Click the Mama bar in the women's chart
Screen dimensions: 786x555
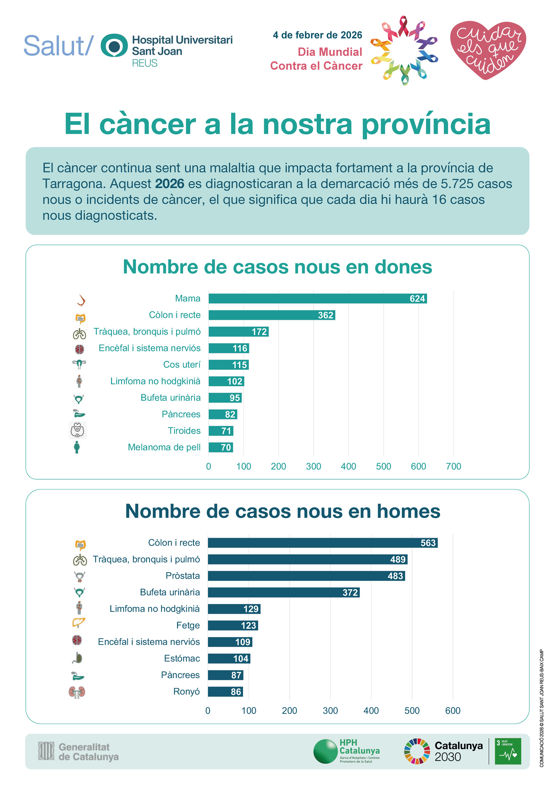(x=317, y=299)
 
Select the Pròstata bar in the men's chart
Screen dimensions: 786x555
(x=306, y=576)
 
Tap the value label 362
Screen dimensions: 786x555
(x=326, y=315)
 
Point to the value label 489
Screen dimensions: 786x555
(x=398, y=560)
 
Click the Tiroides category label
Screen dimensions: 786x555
(x=184, y=431)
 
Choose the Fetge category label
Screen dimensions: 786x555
(x=188, y=625)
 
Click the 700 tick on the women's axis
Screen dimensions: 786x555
(x=453, y=466)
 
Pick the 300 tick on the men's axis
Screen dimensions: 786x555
(x=330, y=711)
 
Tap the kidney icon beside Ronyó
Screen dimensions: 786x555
(x=77, y=692)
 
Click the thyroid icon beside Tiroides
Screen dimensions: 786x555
(x=77, y=430)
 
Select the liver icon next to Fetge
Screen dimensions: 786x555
(x=78, y=622)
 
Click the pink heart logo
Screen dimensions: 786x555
(x=488, y=49)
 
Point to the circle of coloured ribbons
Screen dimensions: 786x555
(x=404, y=50)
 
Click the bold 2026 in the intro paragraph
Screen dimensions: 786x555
(x=169, y=184)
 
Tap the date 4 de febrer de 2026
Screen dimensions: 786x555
(x=317, y=35)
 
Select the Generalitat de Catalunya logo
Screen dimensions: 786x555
(x=78, y=752)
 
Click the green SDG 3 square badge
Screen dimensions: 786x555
(x=508, y=751)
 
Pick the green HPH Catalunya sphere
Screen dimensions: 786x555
(x=325, y=751)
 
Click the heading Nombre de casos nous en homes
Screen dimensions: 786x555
(x=283, y=511)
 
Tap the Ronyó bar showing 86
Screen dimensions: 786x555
(x=225, y=692)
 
